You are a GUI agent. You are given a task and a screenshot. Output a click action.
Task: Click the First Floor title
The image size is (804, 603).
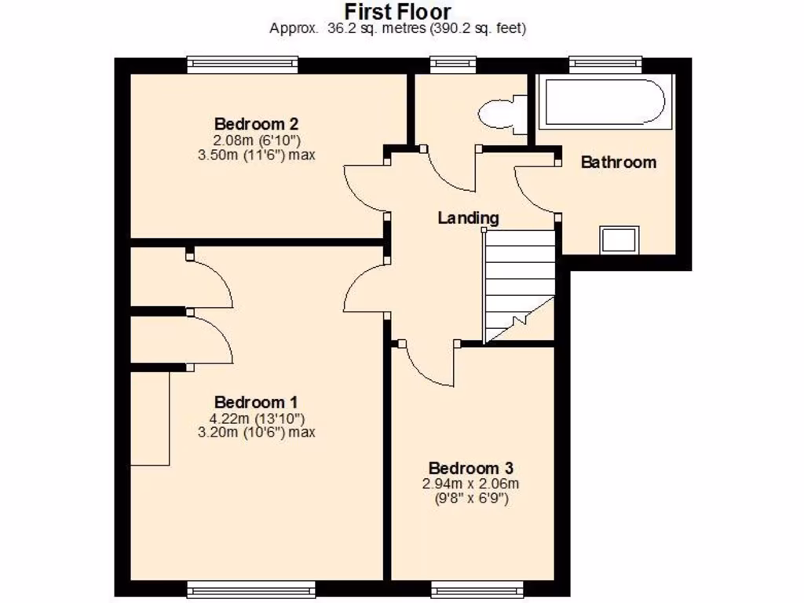point(398,12)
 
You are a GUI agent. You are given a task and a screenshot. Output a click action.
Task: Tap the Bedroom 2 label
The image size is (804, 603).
point(256,124)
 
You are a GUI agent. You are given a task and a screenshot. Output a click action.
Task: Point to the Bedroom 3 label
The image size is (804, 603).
point(466,468)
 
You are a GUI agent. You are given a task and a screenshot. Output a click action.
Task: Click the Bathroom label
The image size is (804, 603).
point(618,163)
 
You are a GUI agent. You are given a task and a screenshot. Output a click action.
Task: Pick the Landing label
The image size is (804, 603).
point(468,217)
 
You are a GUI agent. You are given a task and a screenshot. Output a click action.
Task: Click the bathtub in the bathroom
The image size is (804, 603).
point(603,102)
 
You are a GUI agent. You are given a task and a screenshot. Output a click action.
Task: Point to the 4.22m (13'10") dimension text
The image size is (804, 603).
point(258,418)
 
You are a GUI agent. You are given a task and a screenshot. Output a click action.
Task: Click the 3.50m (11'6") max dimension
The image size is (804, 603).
point(258,155)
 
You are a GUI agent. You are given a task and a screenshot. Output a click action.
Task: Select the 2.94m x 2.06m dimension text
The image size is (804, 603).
point(470,484)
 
